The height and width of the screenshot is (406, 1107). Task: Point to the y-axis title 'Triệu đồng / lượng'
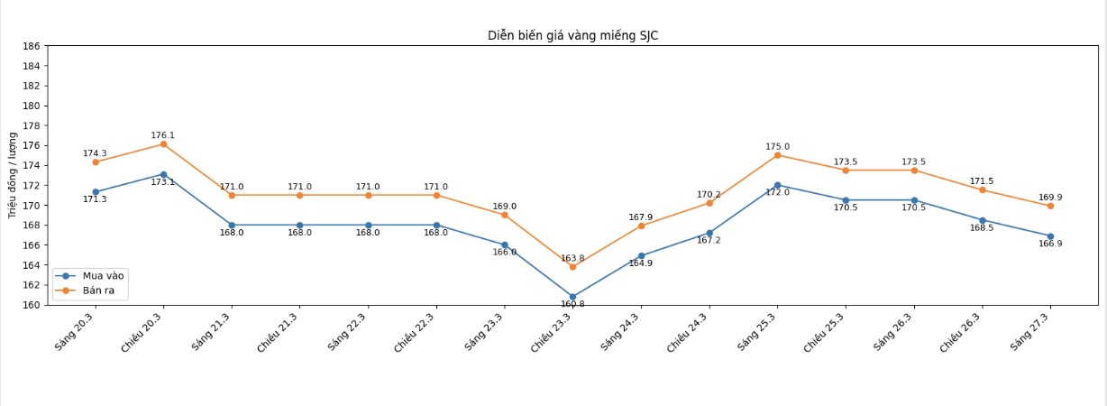click(x=13, y=175)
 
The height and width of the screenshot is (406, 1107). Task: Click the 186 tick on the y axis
click(x=32, y=46)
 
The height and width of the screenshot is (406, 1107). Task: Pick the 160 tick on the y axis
click(x=32, y=305)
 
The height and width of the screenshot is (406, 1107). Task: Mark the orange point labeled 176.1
click(x=163, y=144)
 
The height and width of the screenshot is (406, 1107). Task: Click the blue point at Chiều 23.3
click(x=572, y=297)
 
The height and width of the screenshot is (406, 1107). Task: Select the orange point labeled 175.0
click(x=777, y=155)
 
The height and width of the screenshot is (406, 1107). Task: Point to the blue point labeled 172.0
click(x=777, y=185)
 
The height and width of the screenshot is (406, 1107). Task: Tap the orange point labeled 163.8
click(x=572, y=267)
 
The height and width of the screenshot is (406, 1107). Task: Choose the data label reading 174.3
click(x=95, y=153)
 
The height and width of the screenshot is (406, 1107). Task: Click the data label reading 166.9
click(x=1050, y=245)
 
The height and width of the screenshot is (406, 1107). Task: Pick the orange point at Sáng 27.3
click(x=1050, y=206)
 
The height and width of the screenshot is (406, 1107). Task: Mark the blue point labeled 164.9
click(x=641, y=256)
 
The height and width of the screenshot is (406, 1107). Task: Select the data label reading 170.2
click(x=709, y=195)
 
